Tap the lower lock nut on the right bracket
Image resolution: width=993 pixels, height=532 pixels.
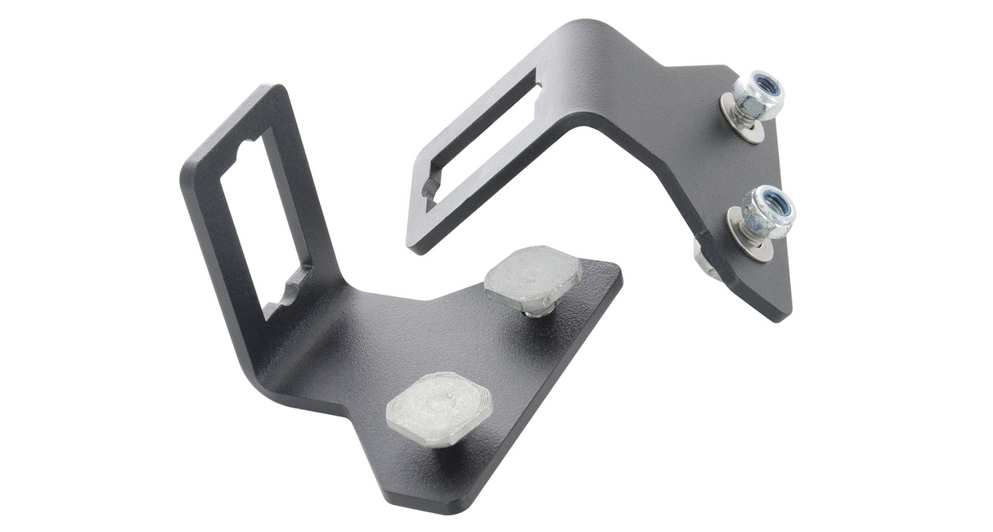tap(767, 211)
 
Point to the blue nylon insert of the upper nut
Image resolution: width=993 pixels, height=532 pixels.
tap(766, 84)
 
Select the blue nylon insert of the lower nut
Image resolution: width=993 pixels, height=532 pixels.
tap(776, 201)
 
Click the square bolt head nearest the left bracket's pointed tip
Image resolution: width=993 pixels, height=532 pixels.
tap(439, 408)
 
